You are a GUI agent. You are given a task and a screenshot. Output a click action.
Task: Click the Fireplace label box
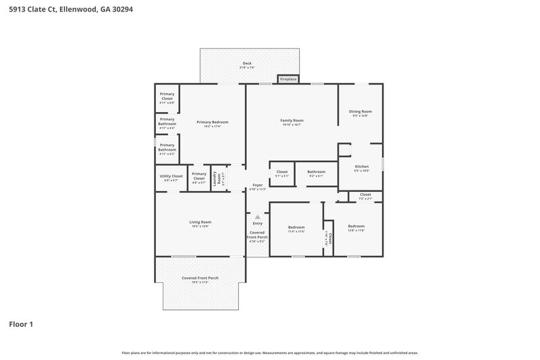(x=288, y=79)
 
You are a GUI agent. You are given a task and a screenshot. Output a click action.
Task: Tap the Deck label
(x=246, y=63)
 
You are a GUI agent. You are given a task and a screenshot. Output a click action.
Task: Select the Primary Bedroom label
(x=213, y=122)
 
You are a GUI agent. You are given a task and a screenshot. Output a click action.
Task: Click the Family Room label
(x=292, y=120)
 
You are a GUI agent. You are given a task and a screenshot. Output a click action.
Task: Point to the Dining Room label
(x=360, y=111)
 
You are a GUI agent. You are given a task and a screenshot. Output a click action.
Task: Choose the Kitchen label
(x=362, y=166)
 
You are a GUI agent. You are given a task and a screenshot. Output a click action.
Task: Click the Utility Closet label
(x=171, y=176)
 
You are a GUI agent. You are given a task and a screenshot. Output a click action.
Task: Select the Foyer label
(x=257, y=185)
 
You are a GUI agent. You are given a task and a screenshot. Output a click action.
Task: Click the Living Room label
(x=200, y=222)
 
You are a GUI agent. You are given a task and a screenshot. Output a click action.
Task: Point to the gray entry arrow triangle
(x=257, y=216)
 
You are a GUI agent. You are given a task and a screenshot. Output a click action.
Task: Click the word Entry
(x=257, y=224)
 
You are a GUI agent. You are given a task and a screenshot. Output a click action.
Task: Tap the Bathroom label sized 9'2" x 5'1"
(x=316, y=172)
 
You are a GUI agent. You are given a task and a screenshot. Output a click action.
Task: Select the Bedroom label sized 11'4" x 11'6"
(x=296, y=228)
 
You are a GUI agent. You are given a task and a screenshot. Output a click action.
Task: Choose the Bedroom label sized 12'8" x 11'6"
(x=356, y=226)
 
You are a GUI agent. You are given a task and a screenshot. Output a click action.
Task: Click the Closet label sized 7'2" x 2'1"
(x=365, y=195)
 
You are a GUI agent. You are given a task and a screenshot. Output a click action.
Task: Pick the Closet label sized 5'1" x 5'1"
(x=282, y=172)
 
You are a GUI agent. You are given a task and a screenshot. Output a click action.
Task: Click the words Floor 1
(x=21, y=324)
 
